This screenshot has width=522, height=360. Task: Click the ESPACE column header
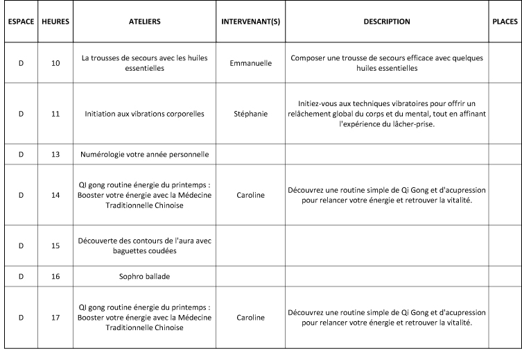coord(21,22)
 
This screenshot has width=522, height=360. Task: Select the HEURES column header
coord(55,22)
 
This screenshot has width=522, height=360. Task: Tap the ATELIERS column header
coord(144,22)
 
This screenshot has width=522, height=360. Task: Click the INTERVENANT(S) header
coord(250,22)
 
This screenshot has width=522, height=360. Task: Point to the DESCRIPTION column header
coord(386,22)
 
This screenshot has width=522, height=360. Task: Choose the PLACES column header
coord(504,22)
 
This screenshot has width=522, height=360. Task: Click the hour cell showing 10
coord(55,63)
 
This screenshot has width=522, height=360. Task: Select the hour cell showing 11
coord(55,113)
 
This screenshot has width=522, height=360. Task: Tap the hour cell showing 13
coord(55,154)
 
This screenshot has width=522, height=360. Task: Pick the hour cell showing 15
coord(55,246)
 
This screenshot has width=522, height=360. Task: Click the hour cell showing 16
coord(55,276)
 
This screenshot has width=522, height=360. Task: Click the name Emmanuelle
coord(250,63)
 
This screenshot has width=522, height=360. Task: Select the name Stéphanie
coord(250,113)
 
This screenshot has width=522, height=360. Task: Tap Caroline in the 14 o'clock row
coord(250,195)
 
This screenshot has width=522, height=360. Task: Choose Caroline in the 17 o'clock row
coord(250,318)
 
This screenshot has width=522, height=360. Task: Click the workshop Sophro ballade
coord(144,276)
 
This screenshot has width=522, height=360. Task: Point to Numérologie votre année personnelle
coord(144,154)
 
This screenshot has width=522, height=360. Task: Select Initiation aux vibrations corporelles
coord(144,113)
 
